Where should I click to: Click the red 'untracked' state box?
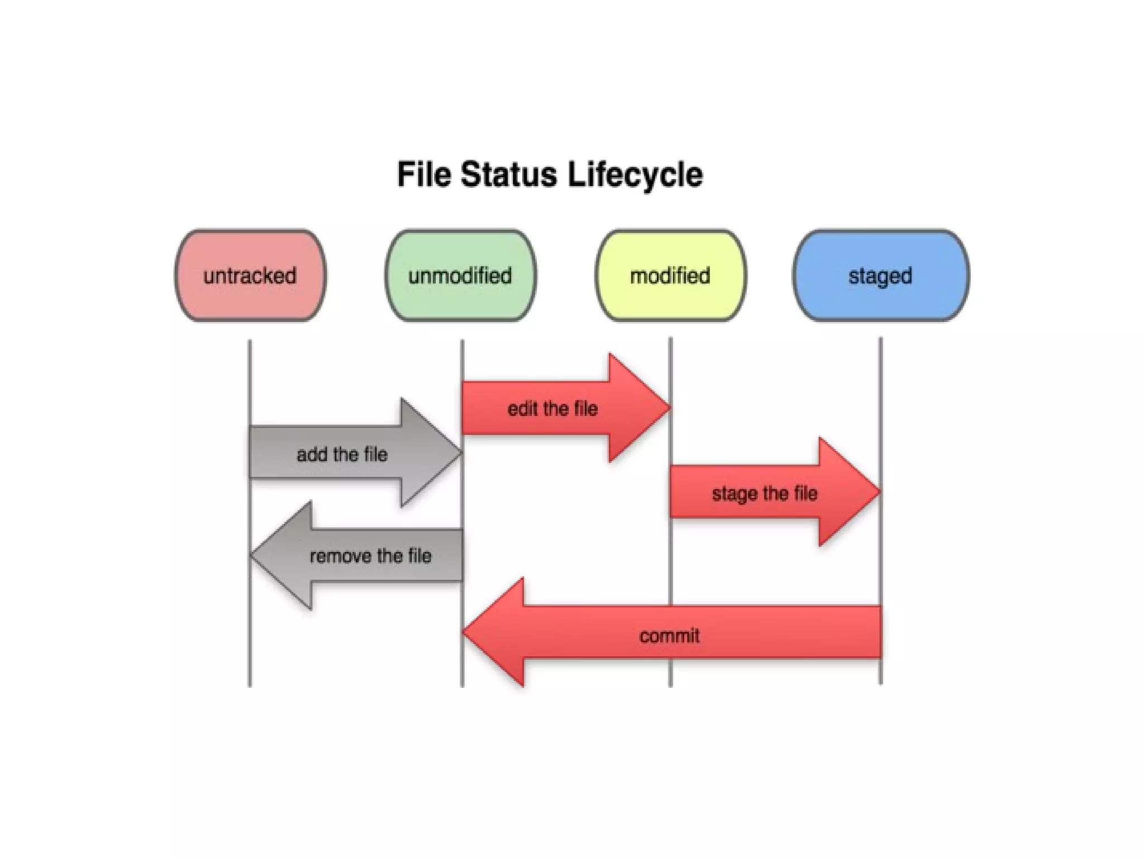pos(250,275)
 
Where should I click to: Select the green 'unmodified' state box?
pos(460,275)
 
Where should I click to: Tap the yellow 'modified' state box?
pos(670,275)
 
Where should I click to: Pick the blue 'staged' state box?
pos(880,275)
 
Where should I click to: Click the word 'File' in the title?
pos(423,174)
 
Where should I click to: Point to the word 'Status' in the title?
pos(509,174)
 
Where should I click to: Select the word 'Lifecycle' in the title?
pos(635,174)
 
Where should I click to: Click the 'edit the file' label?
pos(552,409)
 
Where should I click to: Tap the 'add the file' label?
pos(342,454)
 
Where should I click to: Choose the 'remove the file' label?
pos(370,556)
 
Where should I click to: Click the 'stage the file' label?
pos(764,493)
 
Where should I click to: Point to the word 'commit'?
pos(669,636)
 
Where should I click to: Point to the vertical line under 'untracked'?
pos(250,642)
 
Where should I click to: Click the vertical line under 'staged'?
pos(881,391)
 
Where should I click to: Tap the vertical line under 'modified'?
pos(670,559)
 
